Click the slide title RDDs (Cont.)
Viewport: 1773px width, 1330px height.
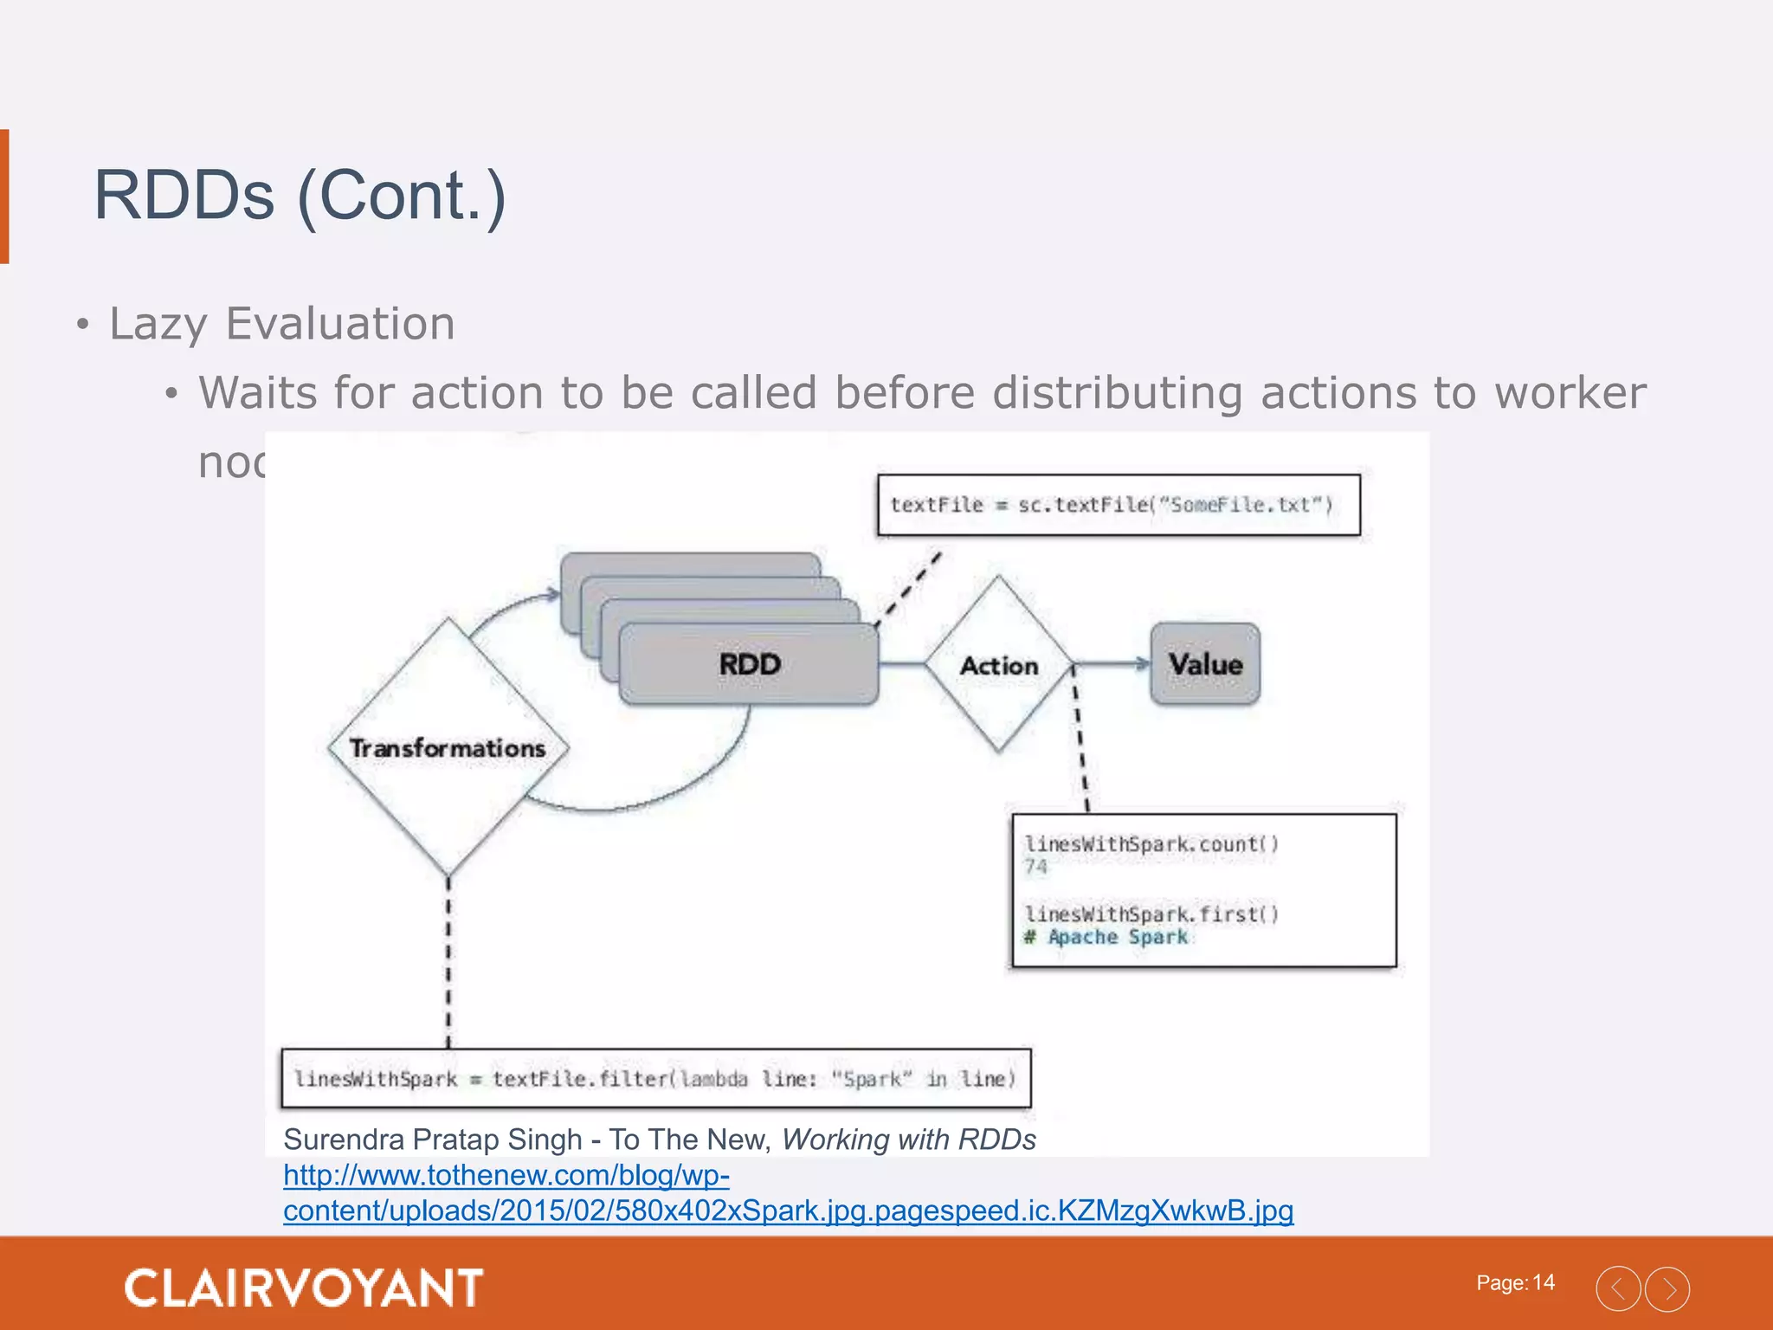tap(300, 196)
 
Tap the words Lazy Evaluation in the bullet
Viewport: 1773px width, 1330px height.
tap(282, 325)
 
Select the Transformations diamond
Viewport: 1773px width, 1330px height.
tap(448, 747)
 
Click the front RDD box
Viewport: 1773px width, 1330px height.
tap(750, 664)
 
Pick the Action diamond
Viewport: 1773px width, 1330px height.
tap(998, 665)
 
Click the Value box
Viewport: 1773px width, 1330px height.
tap(1205, 664)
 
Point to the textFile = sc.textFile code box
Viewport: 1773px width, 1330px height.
tap(1119, 505)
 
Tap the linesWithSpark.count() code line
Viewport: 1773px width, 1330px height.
tap(1151, 843)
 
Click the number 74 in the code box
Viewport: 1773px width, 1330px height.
tap(1035, 867)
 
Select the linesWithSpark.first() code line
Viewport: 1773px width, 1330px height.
tap(1151, 914)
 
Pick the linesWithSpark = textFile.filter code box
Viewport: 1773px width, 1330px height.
tap(656, 1079)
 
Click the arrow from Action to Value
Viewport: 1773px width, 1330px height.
tap(1112, 664)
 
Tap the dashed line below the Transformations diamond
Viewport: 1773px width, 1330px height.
tap(448, 961)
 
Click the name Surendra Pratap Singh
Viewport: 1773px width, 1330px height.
tap(433, 1140)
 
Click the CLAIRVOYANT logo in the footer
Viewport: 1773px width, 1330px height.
tap(304, 1288)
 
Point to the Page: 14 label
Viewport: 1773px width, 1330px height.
tap(1515, 1282)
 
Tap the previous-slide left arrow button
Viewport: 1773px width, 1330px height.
tap(1618, 1288)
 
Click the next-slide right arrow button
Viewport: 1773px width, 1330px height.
tap(1667, 1288)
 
